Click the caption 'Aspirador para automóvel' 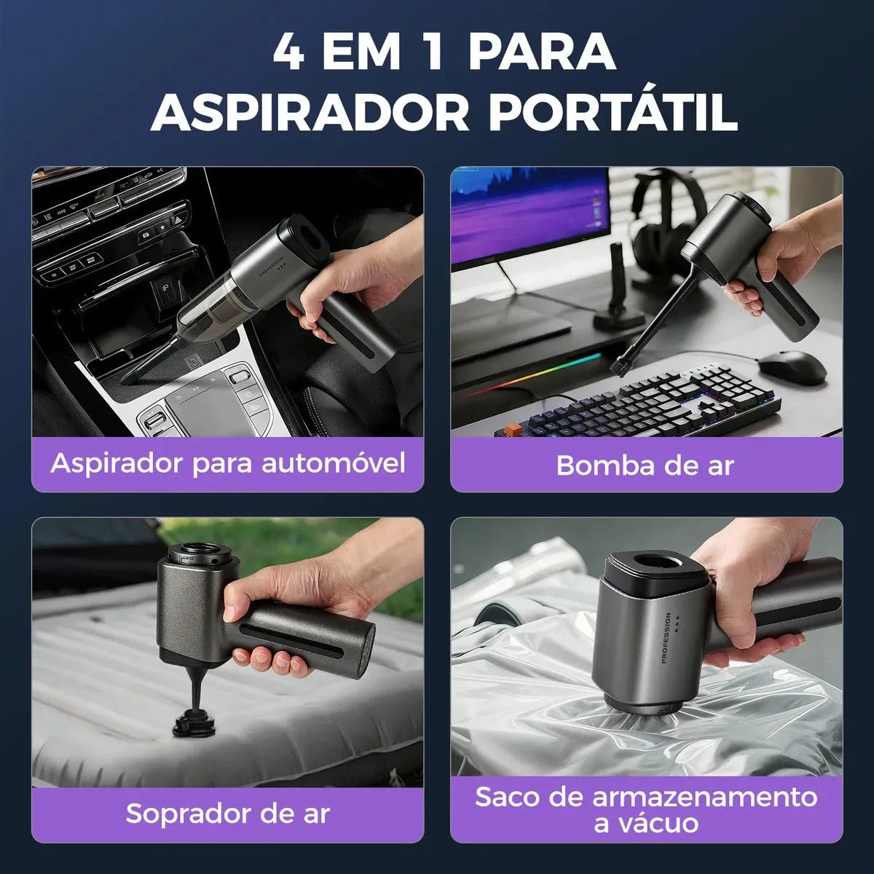228,464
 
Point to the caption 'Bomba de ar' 645,465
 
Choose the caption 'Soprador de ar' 228,814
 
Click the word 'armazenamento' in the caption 704,798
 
